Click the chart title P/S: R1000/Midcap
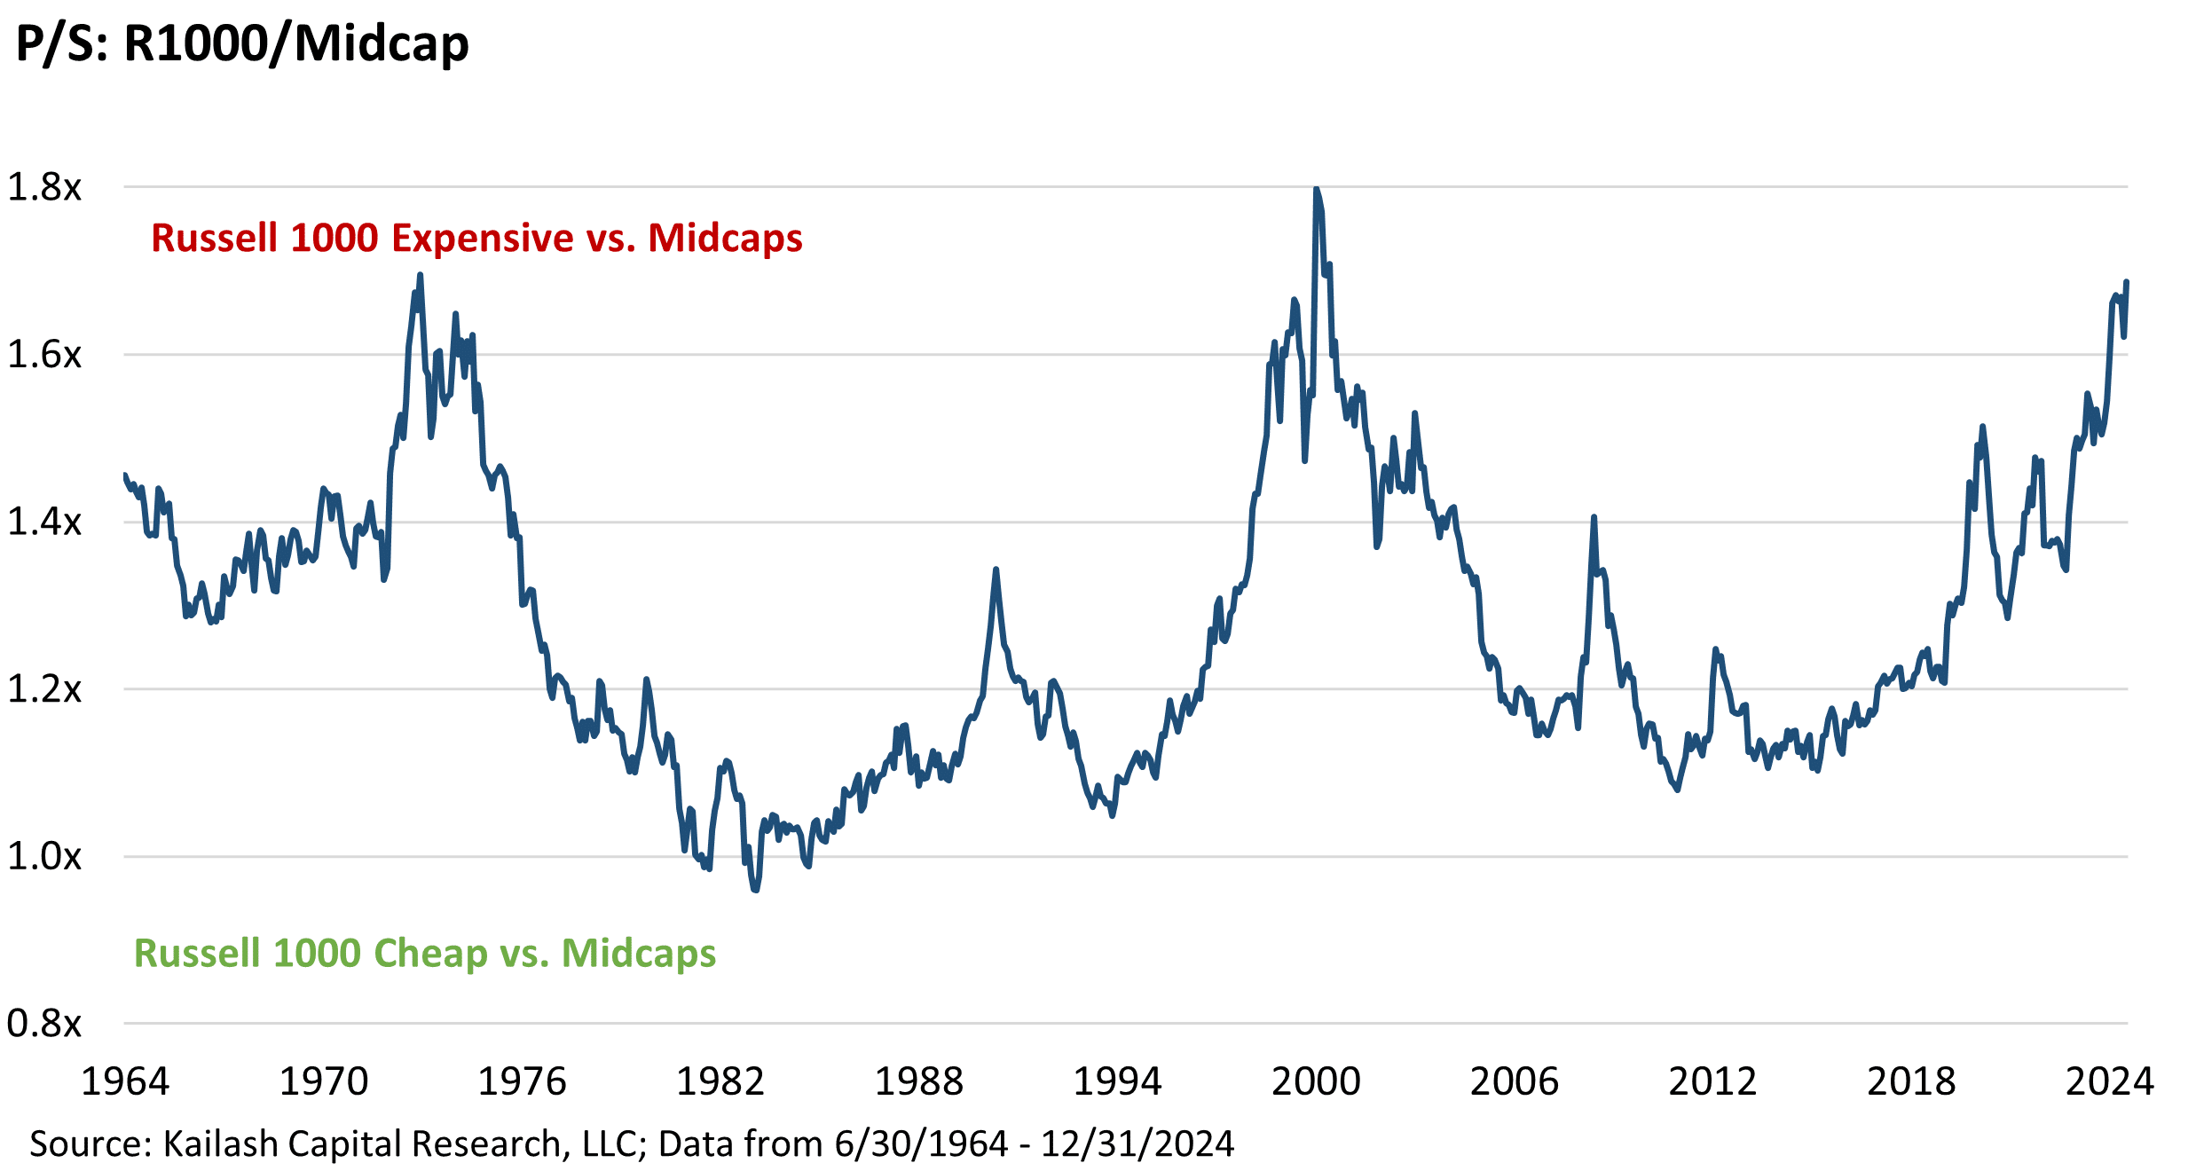point(242,44)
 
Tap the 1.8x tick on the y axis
point(44,187)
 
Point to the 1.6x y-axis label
point(44,355)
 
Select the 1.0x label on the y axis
point(44,857)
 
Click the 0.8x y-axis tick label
point(44,1024)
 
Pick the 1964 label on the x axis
point(125,1081)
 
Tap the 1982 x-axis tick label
point(720,1081)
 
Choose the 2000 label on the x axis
point(1316,1081)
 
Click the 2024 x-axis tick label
point(2110,1081)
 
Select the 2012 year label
point(1712,1081)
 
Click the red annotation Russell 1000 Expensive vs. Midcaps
point(476,239)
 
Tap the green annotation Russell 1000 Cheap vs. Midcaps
point(425,954)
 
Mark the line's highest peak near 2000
point(1316,189)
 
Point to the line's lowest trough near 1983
point(756,890)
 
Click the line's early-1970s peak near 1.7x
point(421,275)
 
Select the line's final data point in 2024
point(2127,282)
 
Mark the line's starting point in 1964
point(124,475)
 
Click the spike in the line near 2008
point(1594,517)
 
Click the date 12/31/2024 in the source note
point(1137,1144)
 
